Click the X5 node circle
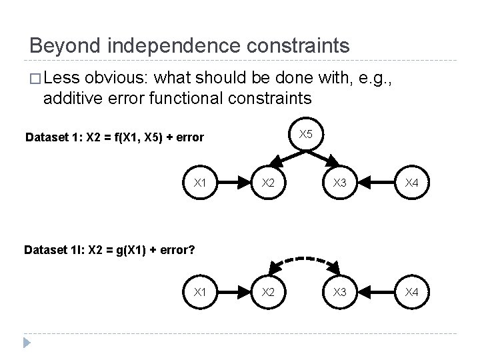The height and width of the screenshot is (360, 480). click(x=305, y=135)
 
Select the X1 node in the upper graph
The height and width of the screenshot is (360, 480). click(x=199, y=181)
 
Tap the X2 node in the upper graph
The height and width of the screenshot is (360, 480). click(x=267, y=181)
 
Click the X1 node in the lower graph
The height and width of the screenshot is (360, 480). click(x=199, y=291)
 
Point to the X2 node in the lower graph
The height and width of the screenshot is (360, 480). click(x=267, y=291)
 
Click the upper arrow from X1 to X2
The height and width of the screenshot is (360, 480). click(x=233, y=181)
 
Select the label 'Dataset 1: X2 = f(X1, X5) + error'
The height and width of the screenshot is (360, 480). click(x=114, y=138)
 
